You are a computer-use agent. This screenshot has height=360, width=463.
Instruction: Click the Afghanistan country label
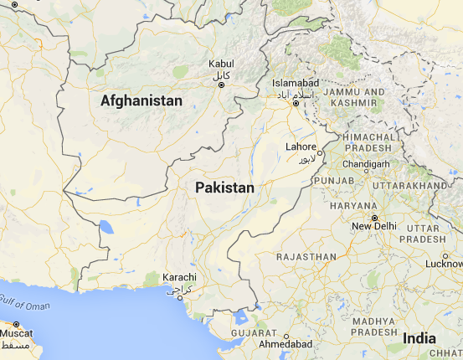(x=141, y=100)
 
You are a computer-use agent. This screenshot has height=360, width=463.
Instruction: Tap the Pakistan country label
(x=224, y=188)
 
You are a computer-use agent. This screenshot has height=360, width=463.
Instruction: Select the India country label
(x=419, y=338)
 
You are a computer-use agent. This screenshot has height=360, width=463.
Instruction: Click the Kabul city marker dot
(x=220, y=81)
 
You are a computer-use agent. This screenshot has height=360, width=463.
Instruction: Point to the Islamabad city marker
(x=296, y=105)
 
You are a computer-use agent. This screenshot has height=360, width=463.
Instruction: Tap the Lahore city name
(x=301, y=147)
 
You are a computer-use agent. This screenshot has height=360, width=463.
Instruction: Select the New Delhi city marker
(x=374, y=218)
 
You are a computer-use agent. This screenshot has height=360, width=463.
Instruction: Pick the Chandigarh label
(x=367, y=164)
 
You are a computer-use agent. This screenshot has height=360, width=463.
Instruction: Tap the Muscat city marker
(x=17, y=323)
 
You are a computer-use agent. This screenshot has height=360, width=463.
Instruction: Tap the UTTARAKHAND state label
(x=410, y=184)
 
